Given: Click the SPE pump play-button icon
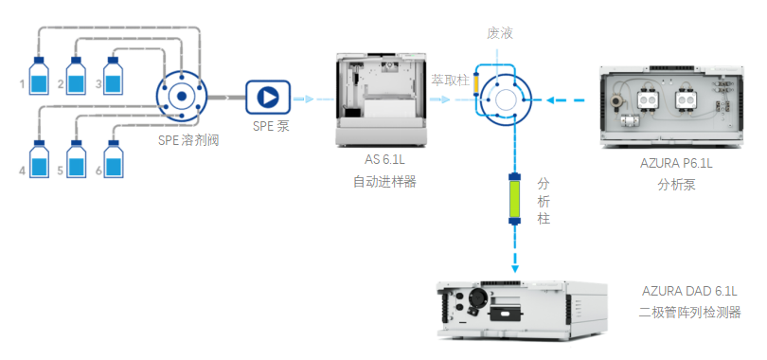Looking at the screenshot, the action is [x=268, y=98].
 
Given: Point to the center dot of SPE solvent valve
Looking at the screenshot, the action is [x=182, y=97].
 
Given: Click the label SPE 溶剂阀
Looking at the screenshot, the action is [x=188, y=140].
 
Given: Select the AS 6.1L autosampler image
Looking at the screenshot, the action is [x=381, y=99].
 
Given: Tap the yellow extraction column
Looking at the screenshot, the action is [x=475, y=84].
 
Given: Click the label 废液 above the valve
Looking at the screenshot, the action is [x=500, y=33].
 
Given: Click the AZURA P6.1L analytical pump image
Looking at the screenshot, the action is [x=671, y=106].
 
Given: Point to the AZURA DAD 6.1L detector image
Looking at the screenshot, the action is [x=522, y=310].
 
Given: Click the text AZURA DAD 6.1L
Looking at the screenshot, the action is [x=689, y=292].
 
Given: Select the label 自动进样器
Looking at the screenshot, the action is [x=384, y=182].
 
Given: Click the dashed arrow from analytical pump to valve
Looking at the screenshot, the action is [x=565, y=100].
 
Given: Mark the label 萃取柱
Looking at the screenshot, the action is [x=450, y=81].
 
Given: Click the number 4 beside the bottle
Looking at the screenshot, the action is [x=22, y=171].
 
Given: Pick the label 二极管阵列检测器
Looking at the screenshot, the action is [x=689, y=313].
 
